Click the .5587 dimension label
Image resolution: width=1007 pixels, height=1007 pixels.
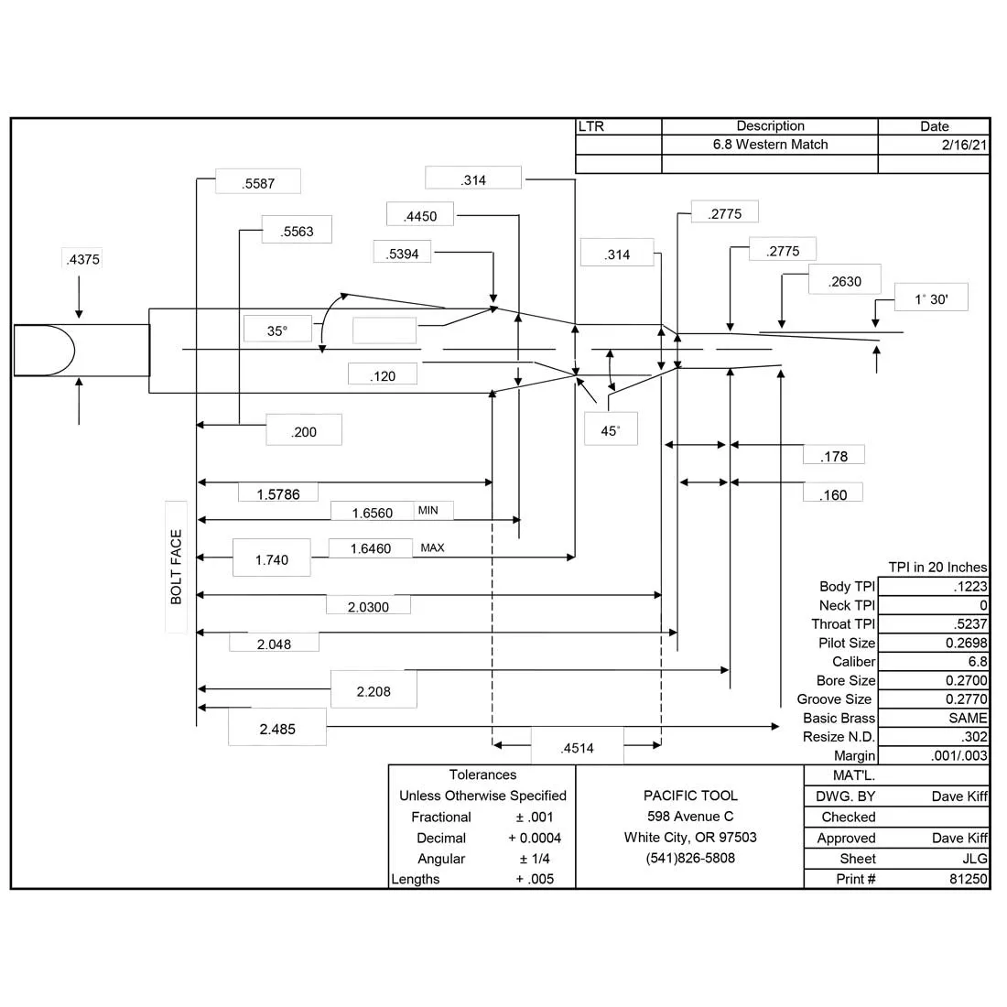click(258, 184)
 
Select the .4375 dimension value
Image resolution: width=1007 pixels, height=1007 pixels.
click(82, 259)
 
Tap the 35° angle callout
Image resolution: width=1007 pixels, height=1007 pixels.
click(277, 330)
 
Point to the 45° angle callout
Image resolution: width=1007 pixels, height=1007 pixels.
click(611, 431)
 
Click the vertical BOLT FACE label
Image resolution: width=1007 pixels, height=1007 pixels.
click(176, 567)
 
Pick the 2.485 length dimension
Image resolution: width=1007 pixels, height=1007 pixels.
click(277, 729)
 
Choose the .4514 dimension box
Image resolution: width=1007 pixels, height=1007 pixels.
click(577, 748)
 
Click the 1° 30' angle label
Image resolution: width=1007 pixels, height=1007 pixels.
click(931, 299)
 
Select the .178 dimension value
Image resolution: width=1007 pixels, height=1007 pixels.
click(834, 457)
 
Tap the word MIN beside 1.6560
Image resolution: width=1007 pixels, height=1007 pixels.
click(428, 511)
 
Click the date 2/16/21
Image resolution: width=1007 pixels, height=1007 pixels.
click(964, 145)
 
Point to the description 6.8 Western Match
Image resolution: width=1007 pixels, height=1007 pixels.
click(770, 145)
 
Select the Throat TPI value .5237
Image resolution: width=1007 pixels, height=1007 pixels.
click(970, 624)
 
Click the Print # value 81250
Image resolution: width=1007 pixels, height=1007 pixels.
click(969, 879)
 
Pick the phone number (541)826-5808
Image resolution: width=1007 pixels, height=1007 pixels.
click(690, 858)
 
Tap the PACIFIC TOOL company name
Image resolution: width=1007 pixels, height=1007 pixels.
click(690, 796)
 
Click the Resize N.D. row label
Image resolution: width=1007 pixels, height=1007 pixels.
click(839, 737)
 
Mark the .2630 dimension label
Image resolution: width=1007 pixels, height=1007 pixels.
click(845, 282)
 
